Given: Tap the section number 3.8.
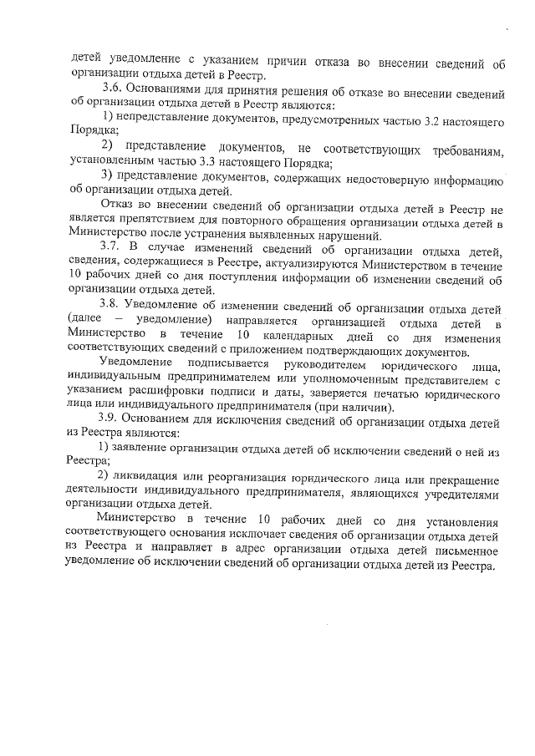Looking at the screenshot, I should coord(111,309).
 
